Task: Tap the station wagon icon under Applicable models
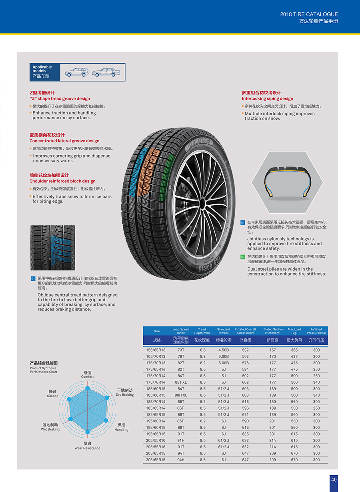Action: [76, 72]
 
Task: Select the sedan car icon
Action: [106, 72]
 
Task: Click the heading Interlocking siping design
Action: [267, 99]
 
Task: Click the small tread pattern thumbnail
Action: [53, 248]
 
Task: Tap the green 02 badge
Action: [243, 257]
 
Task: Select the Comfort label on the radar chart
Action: [87, 377]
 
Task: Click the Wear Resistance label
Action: [87, 448]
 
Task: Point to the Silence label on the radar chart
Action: [52, 396]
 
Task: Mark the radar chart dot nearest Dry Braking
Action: [107, 398]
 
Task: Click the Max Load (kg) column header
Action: [294, 331]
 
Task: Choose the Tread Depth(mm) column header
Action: [202, 331]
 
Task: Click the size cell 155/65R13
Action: [156, 350]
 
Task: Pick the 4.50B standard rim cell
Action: [224, 350]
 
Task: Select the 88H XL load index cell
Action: [181, 395]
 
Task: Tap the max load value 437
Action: [294, 356]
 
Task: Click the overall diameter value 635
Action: [245, 434]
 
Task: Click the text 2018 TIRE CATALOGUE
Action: [309, 14]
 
